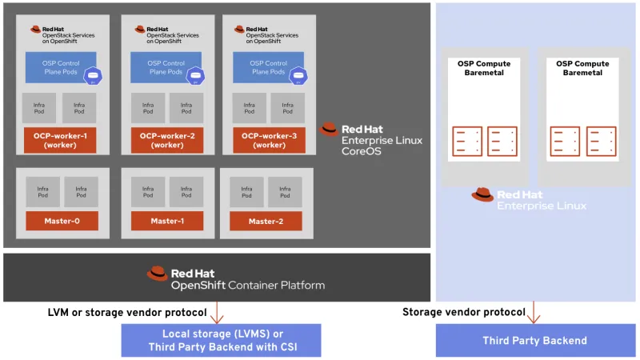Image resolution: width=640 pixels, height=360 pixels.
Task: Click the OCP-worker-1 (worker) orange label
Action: click(61, 140)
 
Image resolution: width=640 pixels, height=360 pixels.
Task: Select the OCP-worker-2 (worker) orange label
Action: click(167, 140)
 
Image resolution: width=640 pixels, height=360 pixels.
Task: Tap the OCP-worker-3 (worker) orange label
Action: click(268, 140)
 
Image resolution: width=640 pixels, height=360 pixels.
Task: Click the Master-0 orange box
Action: click(62, 221)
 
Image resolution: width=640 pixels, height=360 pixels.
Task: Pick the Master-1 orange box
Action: click(167, 221)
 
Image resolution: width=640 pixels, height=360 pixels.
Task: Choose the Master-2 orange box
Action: click(267, 221)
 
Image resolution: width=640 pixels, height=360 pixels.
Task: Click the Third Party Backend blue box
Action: click(534, 341)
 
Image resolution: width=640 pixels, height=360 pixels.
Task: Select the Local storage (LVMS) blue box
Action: click(221, 340)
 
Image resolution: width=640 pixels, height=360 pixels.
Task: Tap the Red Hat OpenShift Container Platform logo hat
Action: click(158, 274)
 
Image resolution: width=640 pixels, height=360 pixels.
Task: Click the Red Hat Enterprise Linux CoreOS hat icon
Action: click(329, 129)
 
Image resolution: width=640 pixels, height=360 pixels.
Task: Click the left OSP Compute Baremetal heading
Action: click(482, 68)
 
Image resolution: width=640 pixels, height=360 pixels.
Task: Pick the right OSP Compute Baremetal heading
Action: click(582, 68)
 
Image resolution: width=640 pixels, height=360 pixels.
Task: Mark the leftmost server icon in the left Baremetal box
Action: click(466, 142)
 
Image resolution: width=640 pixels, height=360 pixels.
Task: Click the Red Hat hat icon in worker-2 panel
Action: click(140, 30)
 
